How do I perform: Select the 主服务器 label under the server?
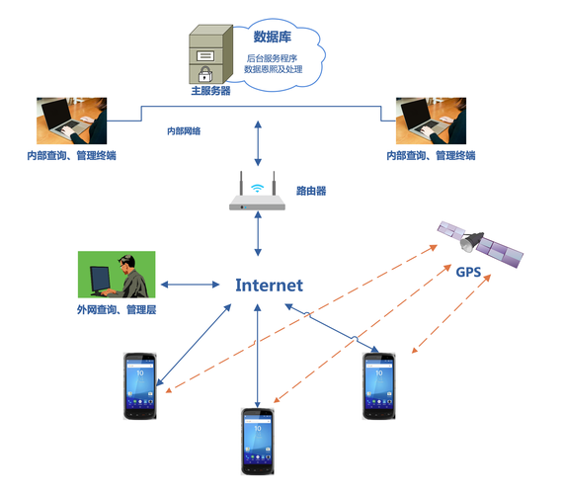click(x=210, y=91)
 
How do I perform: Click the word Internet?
click(x=269, y=286)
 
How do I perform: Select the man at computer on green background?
click(x=115, y=275)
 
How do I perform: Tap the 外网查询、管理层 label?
click(x=117, y=309)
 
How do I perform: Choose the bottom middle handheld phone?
click(x=259, y=441)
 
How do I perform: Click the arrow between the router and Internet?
click(x=258, y=238)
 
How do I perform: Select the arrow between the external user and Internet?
click(x=190, y=286)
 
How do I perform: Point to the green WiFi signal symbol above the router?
click(x=258, y=186)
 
